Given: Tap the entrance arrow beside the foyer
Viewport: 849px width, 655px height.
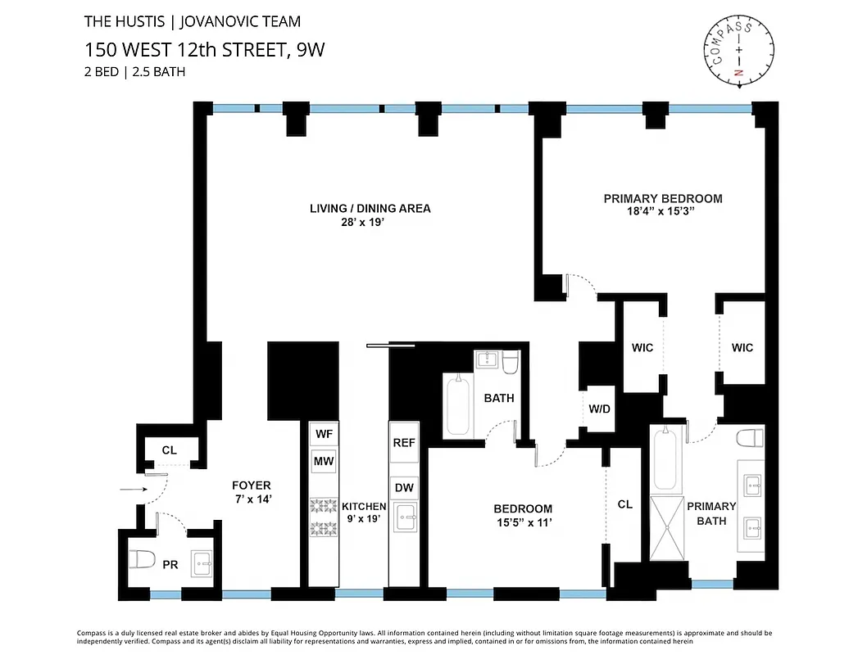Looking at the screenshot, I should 131,490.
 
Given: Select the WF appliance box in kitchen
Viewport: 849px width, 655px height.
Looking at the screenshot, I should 324,434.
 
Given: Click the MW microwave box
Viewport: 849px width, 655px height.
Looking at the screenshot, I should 324,462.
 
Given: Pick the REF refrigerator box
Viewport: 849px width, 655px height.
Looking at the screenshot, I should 403,443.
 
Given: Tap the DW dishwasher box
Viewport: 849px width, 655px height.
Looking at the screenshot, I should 403,489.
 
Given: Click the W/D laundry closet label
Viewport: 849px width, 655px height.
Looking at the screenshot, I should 598,409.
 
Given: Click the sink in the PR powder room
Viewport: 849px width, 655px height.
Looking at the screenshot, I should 202,563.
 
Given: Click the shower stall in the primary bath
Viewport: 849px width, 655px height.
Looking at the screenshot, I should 669,526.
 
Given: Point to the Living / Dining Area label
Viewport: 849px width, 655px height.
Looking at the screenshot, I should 370,208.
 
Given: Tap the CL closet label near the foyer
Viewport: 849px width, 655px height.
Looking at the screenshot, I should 169,450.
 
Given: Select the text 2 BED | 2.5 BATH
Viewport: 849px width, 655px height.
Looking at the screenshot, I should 134,71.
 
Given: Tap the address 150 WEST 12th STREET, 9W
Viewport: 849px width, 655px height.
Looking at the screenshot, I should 204,49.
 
